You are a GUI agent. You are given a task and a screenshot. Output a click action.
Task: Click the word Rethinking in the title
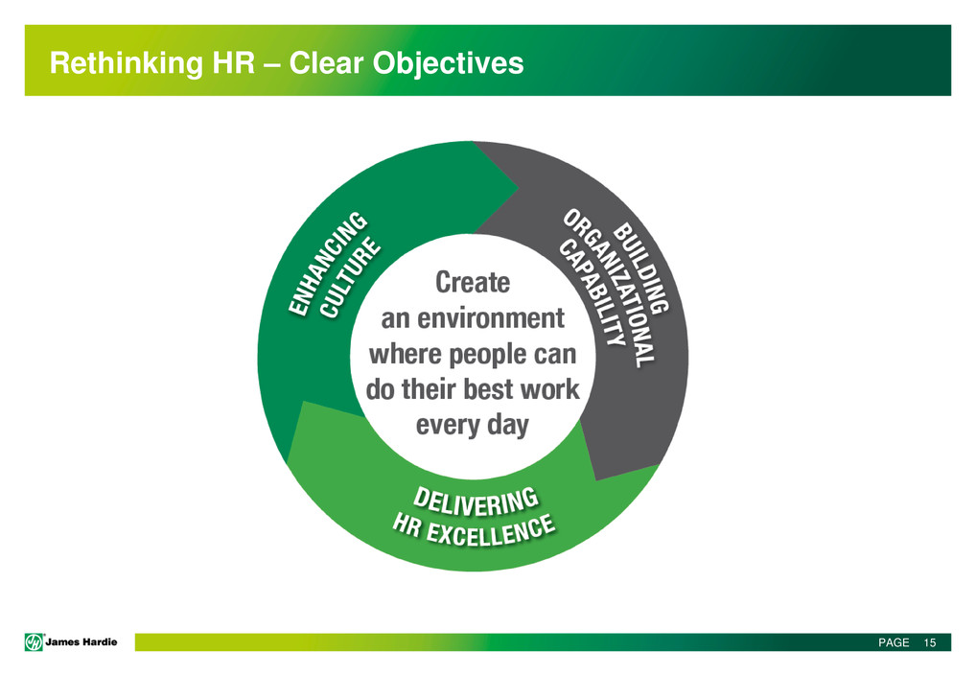point(126,63)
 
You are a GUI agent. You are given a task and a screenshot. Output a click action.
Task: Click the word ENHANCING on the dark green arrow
point(328,264)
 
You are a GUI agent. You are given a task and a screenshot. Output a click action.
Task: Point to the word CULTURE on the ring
point(350,278)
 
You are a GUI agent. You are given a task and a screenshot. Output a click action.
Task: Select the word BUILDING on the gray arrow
point(642,267)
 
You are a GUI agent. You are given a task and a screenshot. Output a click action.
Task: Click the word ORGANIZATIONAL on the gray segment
point(610,288)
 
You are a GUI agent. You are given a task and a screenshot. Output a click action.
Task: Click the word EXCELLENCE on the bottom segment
point(491,532)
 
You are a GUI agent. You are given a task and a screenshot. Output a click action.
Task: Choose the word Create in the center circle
point(473,283)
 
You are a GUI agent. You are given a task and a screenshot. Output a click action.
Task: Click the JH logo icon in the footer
point(34,641)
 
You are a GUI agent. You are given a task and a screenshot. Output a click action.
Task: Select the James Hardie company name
point(81,641)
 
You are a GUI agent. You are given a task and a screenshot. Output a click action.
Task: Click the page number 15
point(930,643)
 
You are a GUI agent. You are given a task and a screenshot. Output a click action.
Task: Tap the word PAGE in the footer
point(894,643)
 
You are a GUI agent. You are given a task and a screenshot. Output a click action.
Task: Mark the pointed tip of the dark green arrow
point(519,187)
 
